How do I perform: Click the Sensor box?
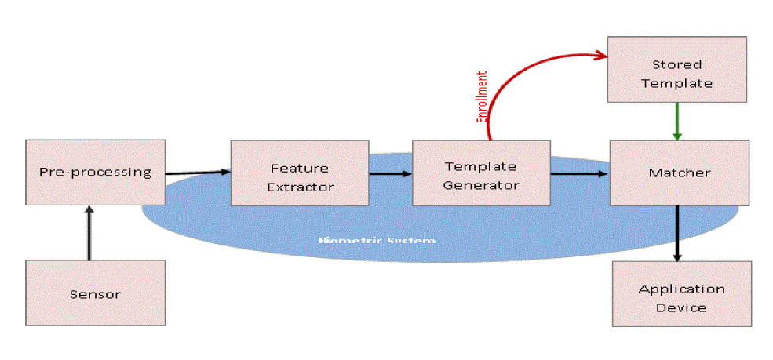(x=95, y=293)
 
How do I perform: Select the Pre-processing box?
(x=95, y=172)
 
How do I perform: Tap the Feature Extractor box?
(x=300, y=177)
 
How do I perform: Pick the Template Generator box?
(x=480, y=176)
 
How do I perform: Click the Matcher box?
(x=680, y=173)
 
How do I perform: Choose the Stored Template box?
(x=676, y=73)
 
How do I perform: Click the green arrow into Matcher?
(x=676, y=121)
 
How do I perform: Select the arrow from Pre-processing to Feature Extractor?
(x=197, y=171)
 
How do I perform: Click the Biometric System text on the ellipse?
(x=377, y=239)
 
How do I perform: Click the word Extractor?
(x=300, y=187)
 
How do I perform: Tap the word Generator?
(x=480, y=186)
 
